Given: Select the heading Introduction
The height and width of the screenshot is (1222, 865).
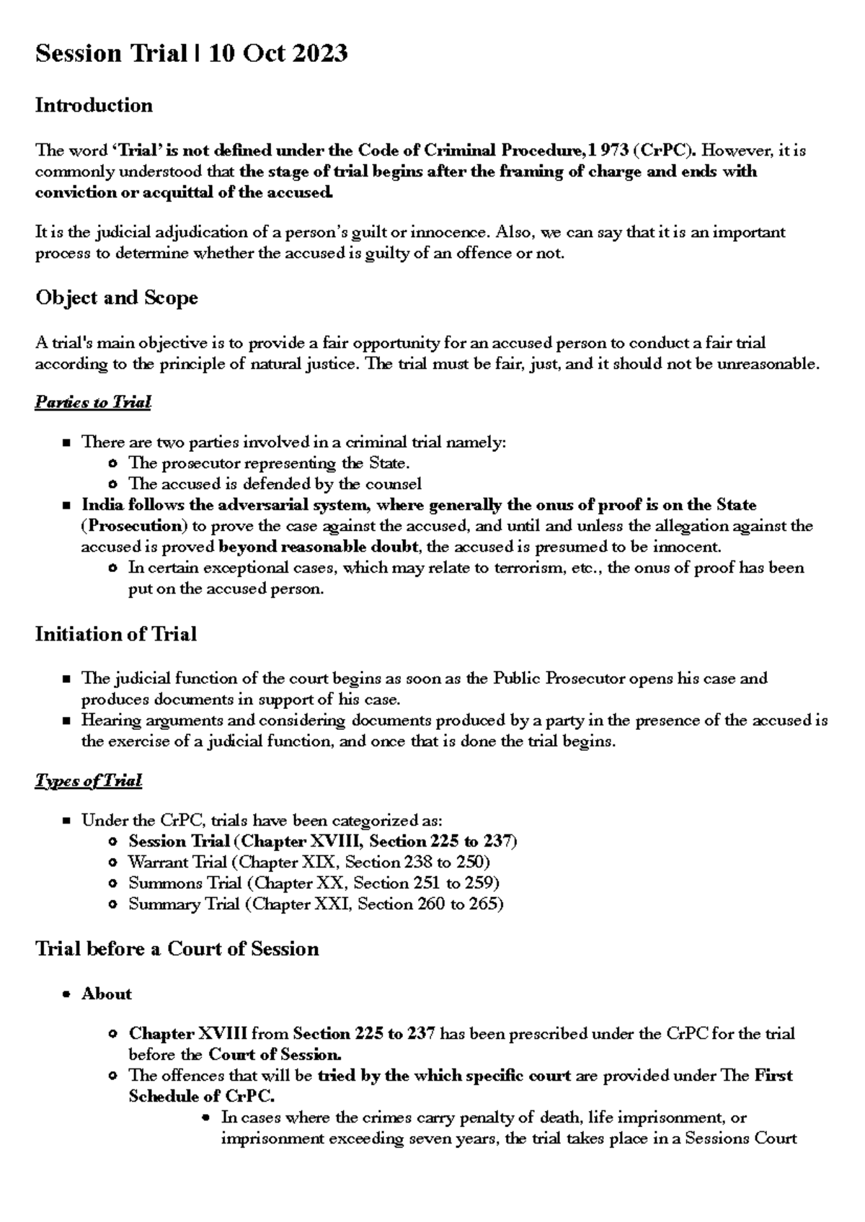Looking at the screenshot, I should (x=94, y=106).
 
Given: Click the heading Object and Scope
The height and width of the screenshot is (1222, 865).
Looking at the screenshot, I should (x=117, y=298).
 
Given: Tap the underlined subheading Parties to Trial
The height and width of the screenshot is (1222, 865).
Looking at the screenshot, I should (x=93, y=402).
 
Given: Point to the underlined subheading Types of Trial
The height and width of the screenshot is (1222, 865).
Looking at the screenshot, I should (x=88, y=781).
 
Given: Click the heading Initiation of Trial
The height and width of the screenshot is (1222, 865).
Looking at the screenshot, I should (x=116, y=634).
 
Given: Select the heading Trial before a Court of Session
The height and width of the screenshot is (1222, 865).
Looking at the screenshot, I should (x=177, y=948).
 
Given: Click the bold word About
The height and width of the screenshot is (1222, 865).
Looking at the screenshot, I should (x=107, y=994).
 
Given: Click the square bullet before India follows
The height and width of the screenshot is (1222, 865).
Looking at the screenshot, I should (x=67, y=505).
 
